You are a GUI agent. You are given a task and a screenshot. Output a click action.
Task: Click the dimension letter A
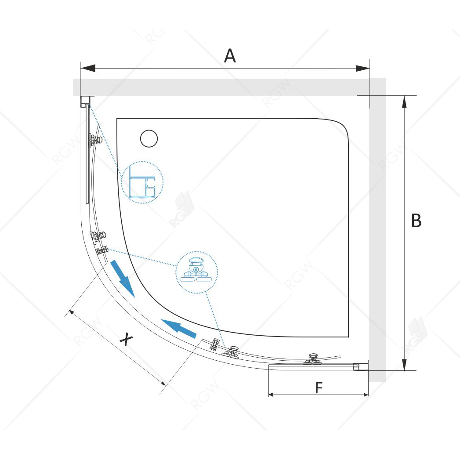[x=230, y=56]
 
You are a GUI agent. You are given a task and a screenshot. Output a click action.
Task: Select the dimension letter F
[x=319, y=388]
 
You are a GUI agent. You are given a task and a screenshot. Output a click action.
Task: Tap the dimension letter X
[x=126, y=339]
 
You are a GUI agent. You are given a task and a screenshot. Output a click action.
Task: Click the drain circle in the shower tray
[x=149, y=138]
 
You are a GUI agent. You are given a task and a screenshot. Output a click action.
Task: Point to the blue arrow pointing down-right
[x=122, y=279]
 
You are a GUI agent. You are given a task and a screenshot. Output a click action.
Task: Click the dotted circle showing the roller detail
[x=197, y=272]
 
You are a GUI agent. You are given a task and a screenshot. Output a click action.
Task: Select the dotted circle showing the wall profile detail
[x=142, y=182]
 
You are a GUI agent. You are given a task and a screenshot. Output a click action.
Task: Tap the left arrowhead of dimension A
[x=88, y=69]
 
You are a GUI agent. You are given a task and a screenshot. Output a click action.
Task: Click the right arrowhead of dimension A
[x=362, y=69]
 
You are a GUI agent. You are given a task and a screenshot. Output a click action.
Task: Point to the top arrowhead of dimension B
[x=404, y=102]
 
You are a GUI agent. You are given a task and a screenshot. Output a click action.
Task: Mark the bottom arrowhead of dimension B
[x=404, y=364]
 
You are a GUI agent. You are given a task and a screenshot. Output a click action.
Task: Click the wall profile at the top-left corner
[x=85, y=101]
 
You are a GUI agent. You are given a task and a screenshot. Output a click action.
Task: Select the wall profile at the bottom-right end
[x=361, y=366]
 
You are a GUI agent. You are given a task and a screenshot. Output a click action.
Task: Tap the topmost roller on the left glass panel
[x=95, y=140]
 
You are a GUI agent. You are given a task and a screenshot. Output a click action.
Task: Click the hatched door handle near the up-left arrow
[x=215, y=344]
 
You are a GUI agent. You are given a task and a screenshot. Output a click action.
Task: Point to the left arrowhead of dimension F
[x=272, y=395]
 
